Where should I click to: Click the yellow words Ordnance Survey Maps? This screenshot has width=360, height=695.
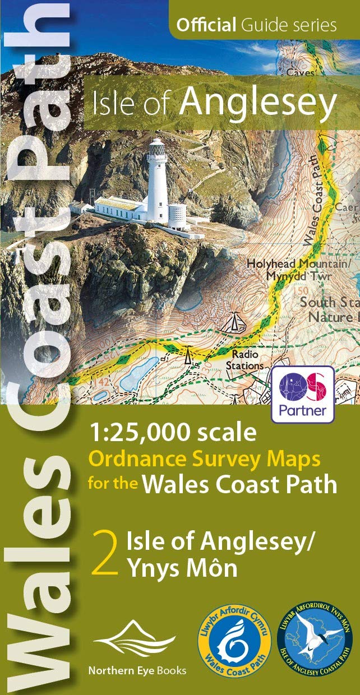click(205, 460)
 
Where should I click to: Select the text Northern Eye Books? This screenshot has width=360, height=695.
click(137, 670)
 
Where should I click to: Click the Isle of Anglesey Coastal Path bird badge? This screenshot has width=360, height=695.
click(316, 644)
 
